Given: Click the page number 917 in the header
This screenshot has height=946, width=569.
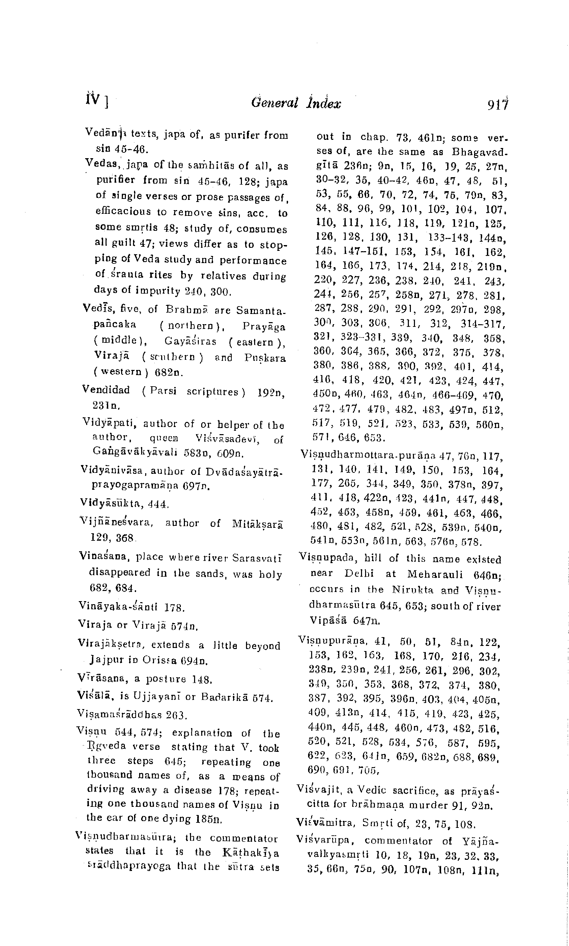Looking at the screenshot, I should [x=497, y=104].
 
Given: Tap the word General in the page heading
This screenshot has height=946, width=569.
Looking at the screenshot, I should [x=274, y=103].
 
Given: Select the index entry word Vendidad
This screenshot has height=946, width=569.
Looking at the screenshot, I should [x=106, y=390].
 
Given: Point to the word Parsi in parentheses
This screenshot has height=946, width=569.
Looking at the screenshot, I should [x=163, y=391].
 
